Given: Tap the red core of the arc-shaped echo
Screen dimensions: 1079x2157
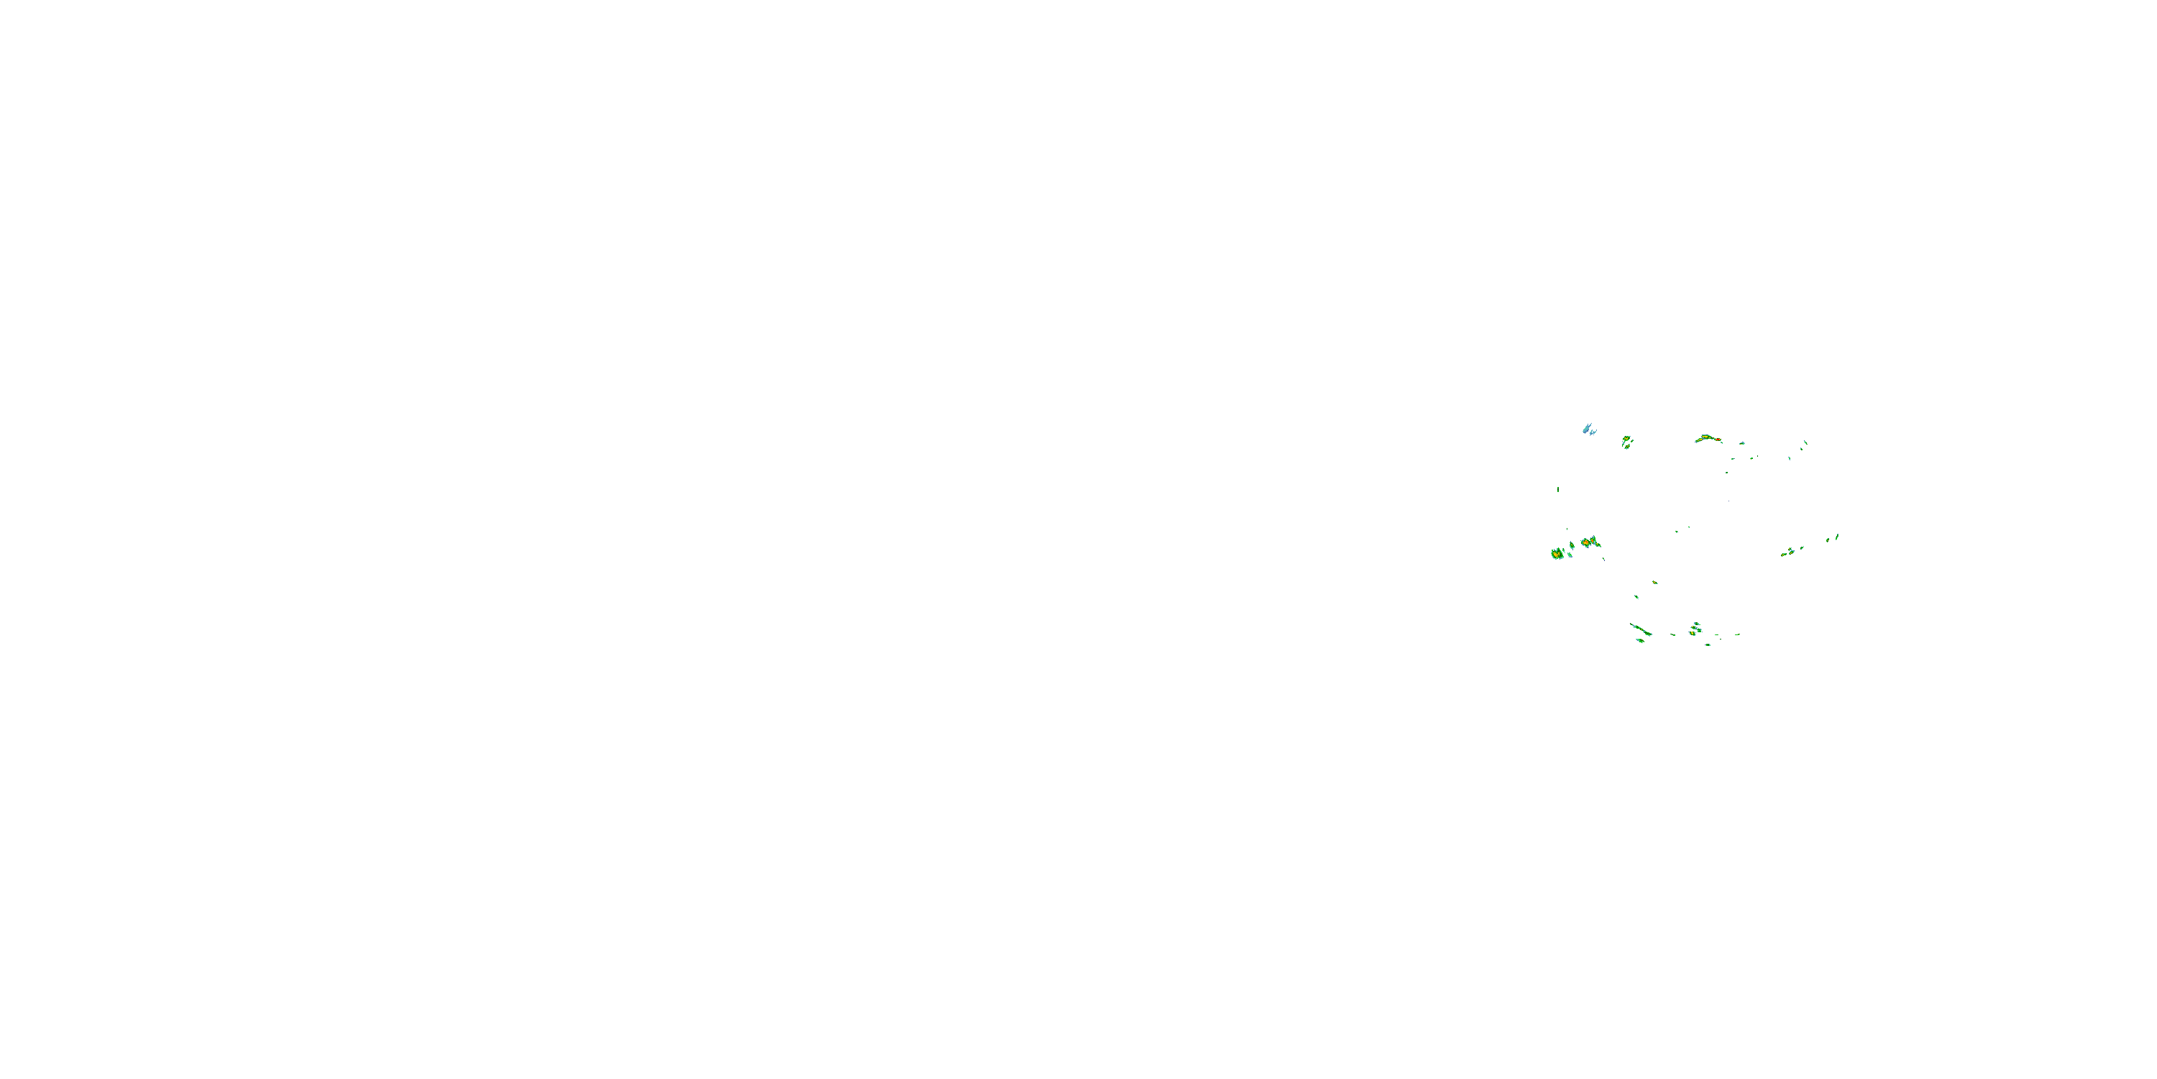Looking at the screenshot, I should pyautogui.click(x=1718, y=440).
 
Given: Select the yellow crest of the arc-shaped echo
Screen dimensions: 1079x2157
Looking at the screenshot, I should pyautogui.click(x=1705, y=437).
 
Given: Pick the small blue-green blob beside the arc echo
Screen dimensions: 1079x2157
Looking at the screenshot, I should pyautogui.click(x=1741, y=443).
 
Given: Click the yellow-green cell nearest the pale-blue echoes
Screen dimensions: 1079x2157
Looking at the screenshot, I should pyautogui.click(x=1627, y=440).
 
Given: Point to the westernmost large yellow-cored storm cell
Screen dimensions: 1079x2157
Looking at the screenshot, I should pyautogui.click(x=1557, y=554).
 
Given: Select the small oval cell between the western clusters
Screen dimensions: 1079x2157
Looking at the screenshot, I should pyautogui.click(x=1572, y=546).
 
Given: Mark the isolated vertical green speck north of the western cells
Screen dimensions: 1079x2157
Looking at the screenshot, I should pyautogui.click(x=1557, y=489).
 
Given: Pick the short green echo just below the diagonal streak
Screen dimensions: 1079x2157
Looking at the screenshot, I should pyautogui.click(x=1639, y=641).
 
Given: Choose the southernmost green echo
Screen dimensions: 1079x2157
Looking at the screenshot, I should pyautogui.click(x=1708, y=645).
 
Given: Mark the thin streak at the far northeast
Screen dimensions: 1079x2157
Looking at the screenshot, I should pyautogui.click(x=1805, y=442).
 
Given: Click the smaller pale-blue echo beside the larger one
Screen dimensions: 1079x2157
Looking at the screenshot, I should pyautogui.click(x=1593, y=432).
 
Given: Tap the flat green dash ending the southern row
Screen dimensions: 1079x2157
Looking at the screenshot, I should pyautogui.click(x=1738, y=634).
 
